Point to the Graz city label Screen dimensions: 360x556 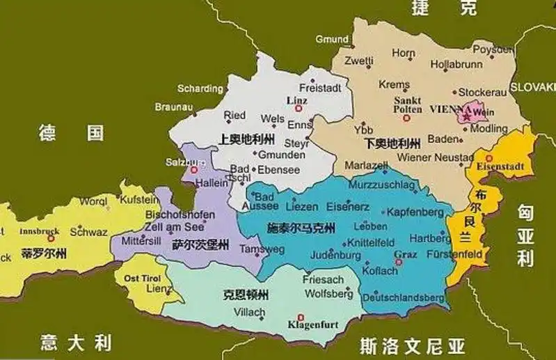[x=405, y=254]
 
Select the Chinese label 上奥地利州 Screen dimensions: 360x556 [x=246, y=138]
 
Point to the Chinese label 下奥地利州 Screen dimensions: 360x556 [x=392, y=143]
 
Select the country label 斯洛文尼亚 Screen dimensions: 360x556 [x=412, y=344]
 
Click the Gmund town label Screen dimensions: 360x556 [x=331, y=40]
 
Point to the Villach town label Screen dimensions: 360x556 [x=249, y=311]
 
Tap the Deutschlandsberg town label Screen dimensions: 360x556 [x=408, y=297]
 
